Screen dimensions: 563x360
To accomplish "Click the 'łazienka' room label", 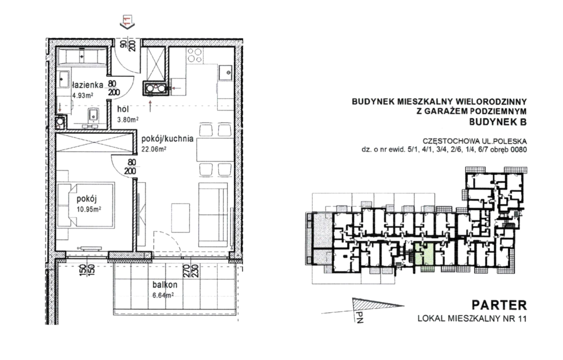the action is tap(88, 85).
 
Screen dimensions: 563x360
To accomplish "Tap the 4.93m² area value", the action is tap(83, 96).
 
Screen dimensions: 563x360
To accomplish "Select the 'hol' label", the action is tap(123, 109).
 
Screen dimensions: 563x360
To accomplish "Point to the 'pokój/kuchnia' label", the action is tap(167, 139).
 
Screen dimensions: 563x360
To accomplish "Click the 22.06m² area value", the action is tap(153, 149).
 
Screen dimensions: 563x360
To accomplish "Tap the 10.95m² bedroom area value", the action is tap(89, 209).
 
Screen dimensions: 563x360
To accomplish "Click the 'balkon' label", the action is tap(165, 285).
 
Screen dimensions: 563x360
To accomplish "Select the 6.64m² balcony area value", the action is tap(163, 295).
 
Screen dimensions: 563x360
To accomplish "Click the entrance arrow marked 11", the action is tap(127, 22).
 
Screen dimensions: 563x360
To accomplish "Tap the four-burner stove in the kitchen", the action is tap(195, 55).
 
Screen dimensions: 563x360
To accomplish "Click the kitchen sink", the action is tap(225, 73).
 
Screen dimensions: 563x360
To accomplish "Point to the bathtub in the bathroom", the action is tap(82, 57).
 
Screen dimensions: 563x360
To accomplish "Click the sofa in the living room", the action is tap(213, 215).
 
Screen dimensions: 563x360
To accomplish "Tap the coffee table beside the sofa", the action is tap(180, 218).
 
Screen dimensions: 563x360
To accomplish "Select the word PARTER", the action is tap(499, 305).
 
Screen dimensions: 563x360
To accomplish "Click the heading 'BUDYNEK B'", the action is tap(498, 122).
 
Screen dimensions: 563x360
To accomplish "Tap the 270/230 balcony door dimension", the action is tap(191, 271).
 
